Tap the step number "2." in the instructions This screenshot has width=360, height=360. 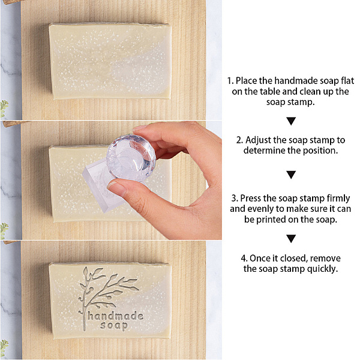coord(239,140)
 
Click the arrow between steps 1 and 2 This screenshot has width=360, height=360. coord(291,121)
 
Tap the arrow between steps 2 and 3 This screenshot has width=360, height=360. coord(291,175)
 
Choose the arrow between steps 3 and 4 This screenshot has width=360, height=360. coord(291,239)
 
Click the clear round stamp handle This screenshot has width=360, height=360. coord(131,158)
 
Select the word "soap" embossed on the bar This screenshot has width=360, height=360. coord(114,326)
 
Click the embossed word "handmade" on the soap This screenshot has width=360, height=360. coord(115,316)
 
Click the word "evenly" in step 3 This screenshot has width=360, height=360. coord(266,209)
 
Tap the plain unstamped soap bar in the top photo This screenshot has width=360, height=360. coord(110,61)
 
